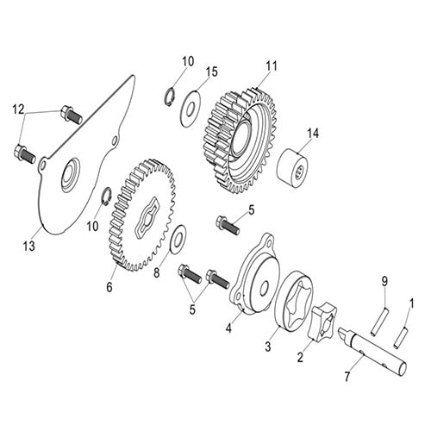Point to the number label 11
coord(272,66)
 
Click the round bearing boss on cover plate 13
coord(70,176)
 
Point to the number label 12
coord(17,110)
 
